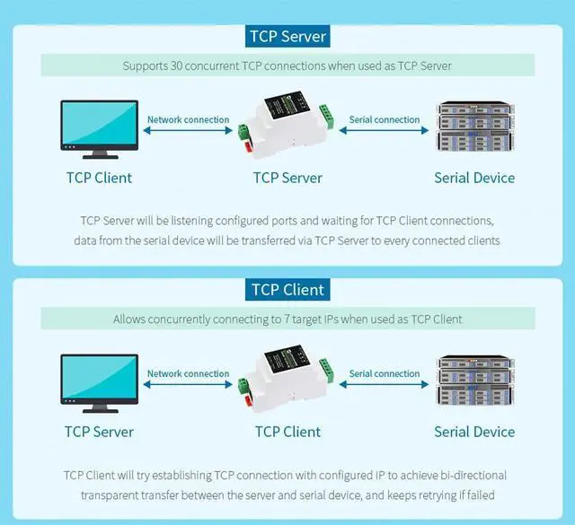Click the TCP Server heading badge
tap(287, 36)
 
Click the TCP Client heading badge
tap(287, 289)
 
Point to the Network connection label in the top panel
tap(188, 119)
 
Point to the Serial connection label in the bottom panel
tap(385, 373)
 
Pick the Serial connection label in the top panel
tap(385, 119)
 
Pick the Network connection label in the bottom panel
tap(188, 373)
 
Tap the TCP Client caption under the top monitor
tap(99, 178)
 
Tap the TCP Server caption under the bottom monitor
tap(99, 432)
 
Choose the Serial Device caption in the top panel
tap(474, 178)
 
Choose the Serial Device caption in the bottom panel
tap(474, 432)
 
